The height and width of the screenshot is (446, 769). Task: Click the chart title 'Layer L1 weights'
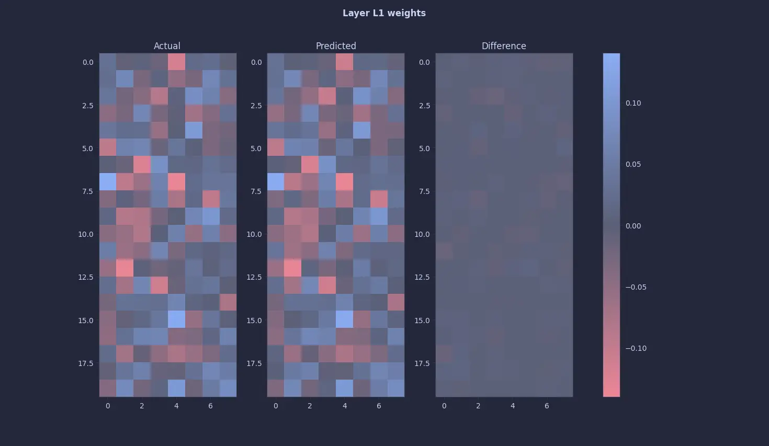[x=384, y=13]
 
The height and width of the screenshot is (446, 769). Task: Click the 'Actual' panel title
[x=167, y=46]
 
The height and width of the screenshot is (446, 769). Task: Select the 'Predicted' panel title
[x=336, y=46]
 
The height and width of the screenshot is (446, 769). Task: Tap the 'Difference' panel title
[x=504, y=46]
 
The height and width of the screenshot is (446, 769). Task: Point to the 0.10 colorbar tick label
[x=633, y=103]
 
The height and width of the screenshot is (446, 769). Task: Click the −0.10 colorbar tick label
[x=636, y=348]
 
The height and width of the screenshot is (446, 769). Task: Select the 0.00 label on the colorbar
[x=633, y=226]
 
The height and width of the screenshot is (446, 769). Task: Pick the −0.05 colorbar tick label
[x=636, y=287]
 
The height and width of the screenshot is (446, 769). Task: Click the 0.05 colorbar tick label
[x=633, y=164]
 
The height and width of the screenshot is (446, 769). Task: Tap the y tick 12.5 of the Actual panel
[x=85, y=277]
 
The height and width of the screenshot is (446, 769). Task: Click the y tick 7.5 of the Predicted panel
[x=254, y=191]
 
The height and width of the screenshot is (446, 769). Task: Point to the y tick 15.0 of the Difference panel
[x=422, y=321]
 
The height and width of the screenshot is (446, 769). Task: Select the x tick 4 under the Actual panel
[x=176, y=406]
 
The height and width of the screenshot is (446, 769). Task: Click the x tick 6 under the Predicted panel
[x=379, y=406]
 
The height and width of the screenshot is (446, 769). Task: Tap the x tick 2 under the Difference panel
[x=478, y=406]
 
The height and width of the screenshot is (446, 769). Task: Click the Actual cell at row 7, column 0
[x=108, y=182]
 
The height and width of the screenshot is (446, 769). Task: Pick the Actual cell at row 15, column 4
[x=176, y=319]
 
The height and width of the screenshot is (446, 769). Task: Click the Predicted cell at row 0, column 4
[x=345, y=62]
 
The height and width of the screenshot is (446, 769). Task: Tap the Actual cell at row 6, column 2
[x=142, y=165]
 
